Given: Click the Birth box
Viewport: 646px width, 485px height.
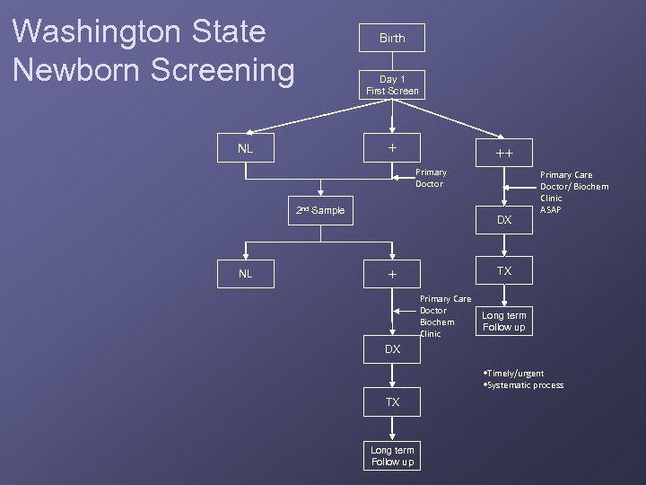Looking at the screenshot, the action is coord(392,38).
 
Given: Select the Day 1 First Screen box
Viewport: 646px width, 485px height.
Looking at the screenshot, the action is coord(392,85).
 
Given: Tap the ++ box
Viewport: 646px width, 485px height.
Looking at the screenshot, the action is coord(504,154).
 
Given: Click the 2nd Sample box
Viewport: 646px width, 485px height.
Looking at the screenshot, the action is coord(320,210).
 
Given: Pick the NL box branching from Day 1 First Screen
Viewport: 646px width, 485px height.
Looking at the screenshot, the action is coord(245,148).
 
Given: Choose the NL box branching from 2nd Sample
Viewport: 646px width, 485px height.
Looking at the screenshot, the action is coord(245,273).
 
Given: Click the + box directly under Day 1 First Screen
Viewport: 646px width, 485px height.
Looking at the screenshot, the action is coord(392,148).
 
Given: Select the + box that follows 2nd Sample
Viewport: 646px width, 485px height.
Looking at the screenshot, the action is coord(392,274).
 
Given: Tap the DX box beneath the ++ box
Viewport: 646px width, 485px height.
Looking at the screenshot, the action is coord(504,219).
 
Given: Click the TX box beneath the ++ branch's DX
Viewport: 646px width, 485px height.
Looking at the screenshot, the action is coord(504,270).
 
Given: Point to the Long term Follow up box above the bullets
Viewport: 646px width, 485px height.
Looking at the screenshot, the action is coord(504,322).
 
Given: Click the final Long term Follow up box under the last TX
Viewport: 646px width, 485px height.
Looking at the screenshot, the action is coord(392,456).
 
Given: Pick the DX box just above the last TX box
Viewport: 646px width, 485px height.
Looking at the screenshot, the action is coord(392,348).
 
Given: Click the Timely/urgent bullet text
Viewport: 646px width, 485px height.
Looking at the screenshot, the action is coord(514,373).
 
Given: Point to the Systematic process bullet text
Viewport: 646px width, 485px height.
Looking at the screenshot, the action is coord(524,385).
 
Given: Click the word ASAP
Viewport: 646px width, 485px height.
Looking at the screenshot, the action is coord(551,210).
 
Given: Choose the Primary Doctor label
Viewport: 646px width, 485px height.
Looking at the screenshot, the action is coord(431,178).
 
